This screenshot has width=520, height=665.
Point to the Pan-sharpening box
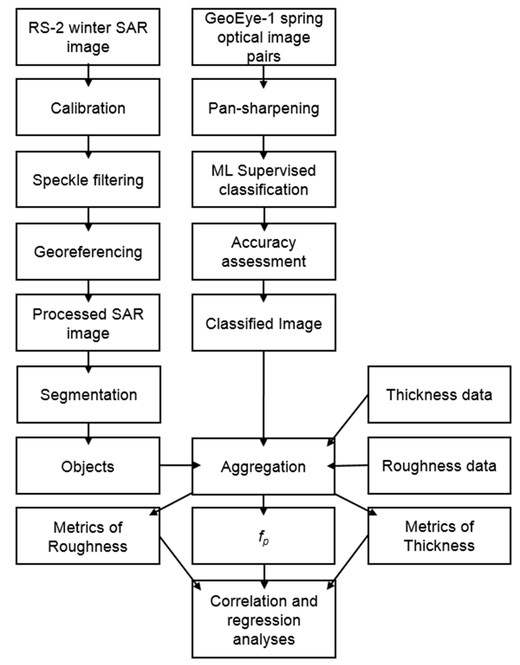pyautogui.click(x=264, y=107)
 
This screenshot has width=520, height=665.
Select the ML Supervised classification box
pyautogui.click(x=264, y=179)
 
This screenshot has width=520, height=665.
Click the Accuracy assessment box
pyautogui.click(x=264, y=252)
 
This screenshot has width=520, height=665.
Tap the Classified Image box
pyautogui.click(x=264, y=323)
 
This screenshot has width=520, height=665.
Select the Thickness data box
pyautogui.click(x=439, y=395)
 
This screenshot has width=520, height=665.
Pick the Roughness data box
pyautogui.click(x=439, y=466)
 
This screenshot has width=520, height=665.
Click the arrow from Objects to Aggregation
pyautogui.click(x=180, y=465)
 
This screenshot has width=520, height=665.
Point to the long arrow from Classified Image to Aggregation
pyautogui.click(x=264, y=396)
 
